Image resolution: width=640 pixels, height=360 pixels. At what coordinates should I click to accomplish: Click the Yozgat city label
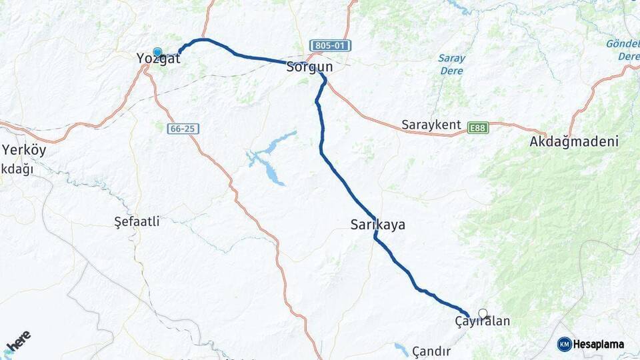pyautogui.click(x=158, y=59)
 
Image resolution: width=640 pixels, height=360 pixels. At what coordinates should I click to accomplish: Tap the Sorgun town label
pyautogui.click(x=309, y=67)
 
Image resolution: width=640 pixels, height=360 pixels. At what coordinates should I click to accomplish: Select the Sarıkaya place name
pyautogui.click(x=377, y=225)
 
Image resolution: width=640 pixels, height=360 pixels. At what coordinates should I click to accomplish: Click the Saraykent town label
pyautogui.click(x=431, y=125)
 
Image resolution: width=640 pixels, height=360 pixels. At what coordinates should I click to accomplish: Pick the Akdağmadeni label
pyautogui.click(x=573, y=141)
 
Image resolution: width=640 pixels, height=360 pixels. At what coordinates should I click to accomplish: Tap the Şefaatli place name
pyautogui.click(x=137, y=222)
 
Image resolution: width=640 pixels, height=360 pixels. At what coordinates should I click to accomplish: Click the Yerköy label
pyautogui.click(x=25, y=149)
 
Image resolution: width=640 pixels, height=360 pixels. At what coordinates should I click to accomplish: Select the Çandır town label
pyautogui.click(x=431, y=351)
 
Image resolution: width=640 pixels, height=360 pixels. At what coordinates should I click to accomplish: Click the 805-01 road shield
pyautogui.click(x=330, y=46)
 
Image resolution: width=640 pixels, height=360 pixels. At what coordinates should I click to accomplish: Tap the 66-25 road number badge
pyautogui.click(x=183, y=128)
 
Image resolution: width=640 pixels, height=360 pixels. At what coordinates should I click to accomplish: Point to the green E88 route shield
pyautogui.click(x=477, y=127)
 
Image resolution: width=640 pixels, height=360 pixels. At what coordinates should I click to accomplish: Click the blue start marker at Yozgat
pyautogui.click(x=157, y=52)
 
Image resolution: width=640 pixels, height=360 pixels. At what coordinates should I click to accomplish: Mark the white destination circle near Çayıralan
pyautogui.click(x=483, y=313)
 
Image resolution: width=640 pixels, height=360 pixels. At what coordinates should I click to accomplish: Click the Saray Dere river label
pyautogui.click(x=451, y=63)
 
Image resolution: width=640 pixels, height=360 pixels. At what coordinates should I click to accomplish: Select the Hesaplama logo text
pyautogui.click(x=599, y=345)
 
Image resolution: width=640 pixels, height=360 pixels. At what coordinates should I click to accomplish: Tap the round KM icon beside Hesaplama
pyautogui.click(x=564, y=345)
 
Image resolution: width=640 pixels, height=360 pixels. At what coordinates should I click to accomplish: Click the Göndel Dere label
pyautogui.click(x=623, y=50)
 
